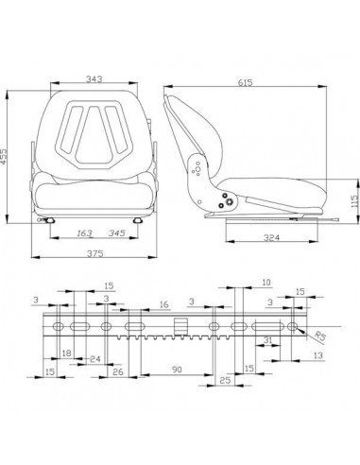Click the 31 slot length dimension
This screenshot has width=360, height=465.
pyautogui.click(x=268, y=340)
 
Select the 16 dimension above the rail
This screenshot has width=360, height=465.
pyautogui.click(x=164, y=306)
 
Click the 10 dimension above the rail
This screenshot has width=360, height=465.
pyautogui.click(x=266, y=283)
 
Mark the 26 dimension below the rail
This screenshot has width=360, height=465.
pyautogui.click(x=118, y=371)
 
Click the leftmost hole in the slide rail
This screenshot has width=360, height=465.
pyautogui.click(x=59, y=326)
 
